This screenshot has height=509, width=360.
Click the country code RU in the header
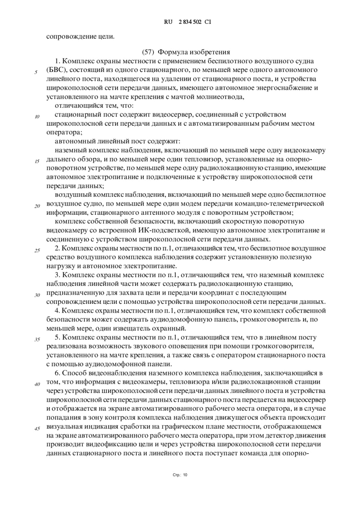pos(168,22)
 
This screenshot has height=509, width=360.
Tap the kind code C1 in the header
pos(208,22)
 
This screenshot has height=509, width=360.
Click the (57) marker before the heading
pos(148,52)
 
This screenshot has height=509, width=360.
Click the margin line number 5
pos(36,72)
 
